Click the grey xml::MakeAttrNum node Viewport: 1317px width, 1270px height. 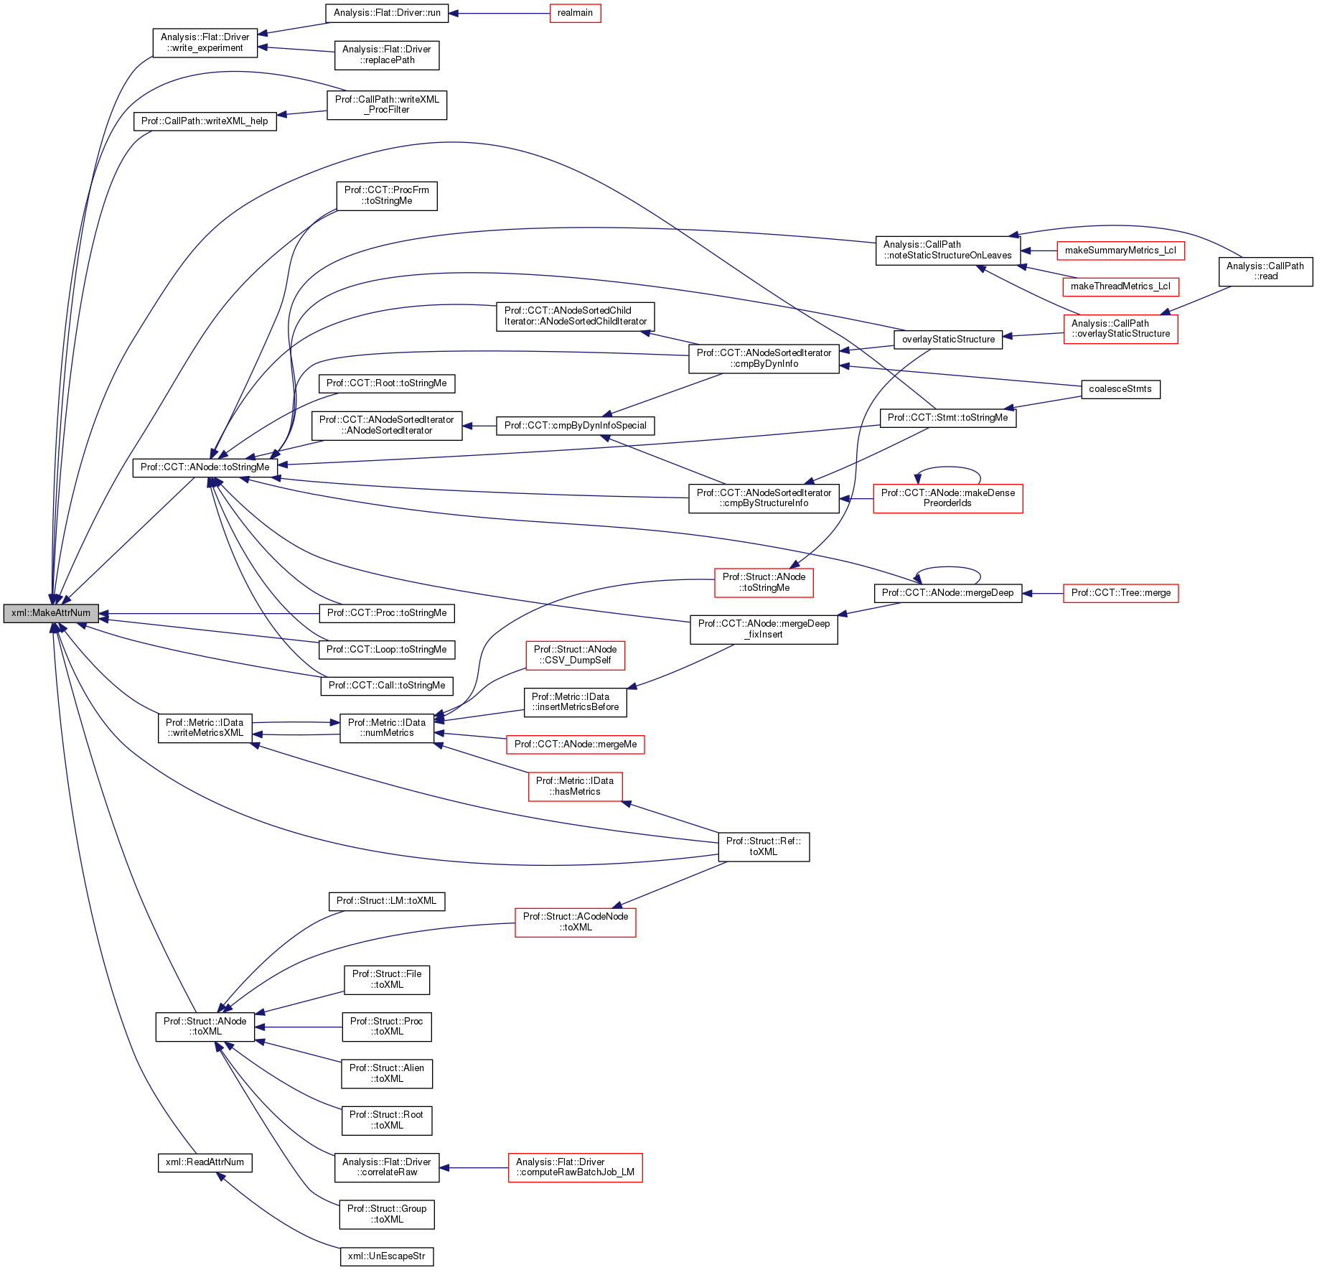[x=51, y=613]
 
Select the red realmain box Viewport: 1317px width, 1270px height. [x=575, y=13]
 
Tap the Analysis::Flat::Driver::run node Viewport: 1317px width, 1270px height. [x=387, y=13]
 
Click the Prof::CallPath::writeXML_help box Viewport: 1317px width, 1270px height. [x=205, y=121]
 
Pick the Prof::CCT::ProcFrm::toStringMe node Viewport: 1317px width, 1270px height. [x=387, y=195]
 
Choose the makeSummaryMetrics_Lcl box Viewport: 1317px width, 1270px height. [x=1120, y=251]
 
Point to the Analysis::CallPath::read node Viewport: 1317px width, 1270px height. [x=1265, y=271]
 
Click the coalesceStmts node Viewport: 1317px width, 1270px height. [x=1120, y=389]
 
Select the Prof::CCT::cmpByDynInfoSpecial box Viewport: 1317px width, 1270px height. [x=576, y=426]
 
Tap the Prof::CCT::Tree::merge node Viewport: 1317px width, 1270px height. [x=1121, y=593]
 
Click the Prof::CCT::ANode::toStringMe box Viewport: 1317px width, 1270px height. [x=205, y=467]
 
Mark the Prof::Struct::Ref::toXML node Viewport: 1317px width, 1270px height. [x=764, y=846]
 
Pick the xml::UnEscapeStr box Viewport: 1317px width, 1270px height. [x=387, y=1256]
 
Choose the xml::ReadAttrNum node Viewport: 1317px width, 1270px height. [x=205, y=1162]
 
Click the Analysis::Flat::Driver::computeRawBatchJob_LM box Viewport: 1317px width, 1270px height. [x=575, y=1167]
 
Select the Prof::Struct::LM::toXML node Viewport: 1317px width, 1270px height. [x=387, y=901]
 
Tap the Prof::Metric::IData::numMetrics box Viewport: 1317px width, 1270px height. [x=387, y=728]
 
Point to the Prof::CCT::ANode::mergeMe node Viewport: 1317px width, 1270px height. [x=576, y=744]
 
